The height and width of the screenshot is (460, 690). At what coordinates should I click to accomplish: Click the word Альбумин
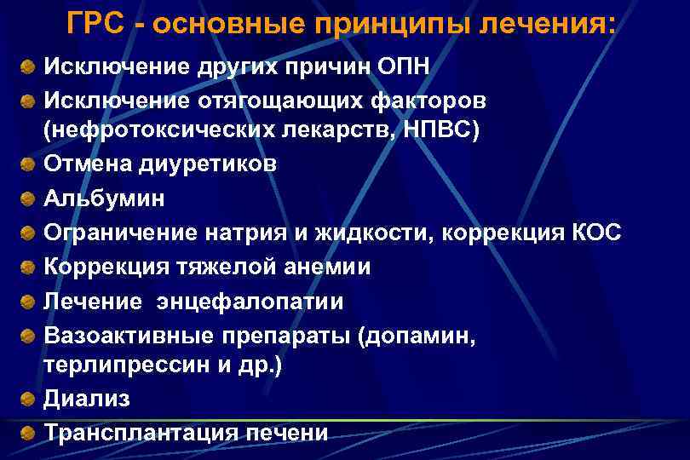pyautogui.click(x=105, y=198)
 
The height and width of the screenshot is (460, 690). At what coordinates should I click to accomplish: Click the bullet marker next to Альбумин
pyautogui.click(x=29, y=198)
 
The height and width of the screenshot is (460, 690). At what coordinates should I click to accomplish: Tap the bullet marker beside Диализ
pyautogui.click(x=29, y=399)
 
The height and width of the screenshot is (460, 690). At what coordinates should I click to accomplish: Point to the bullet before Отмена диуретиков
pyautogui.click(x=29, y=164)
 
